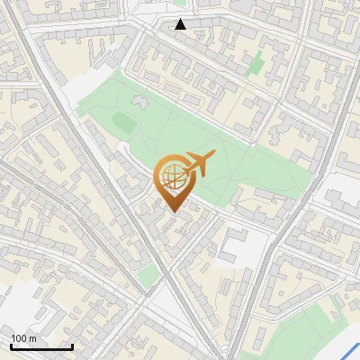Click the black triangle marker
(181, 24)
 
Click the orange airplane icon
(197, 164)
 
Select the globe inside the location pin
(171, 179)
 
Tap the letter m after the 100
(34, 338)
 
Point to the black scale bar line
(41, 346)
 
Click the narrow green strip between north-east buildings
(257, 63)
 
